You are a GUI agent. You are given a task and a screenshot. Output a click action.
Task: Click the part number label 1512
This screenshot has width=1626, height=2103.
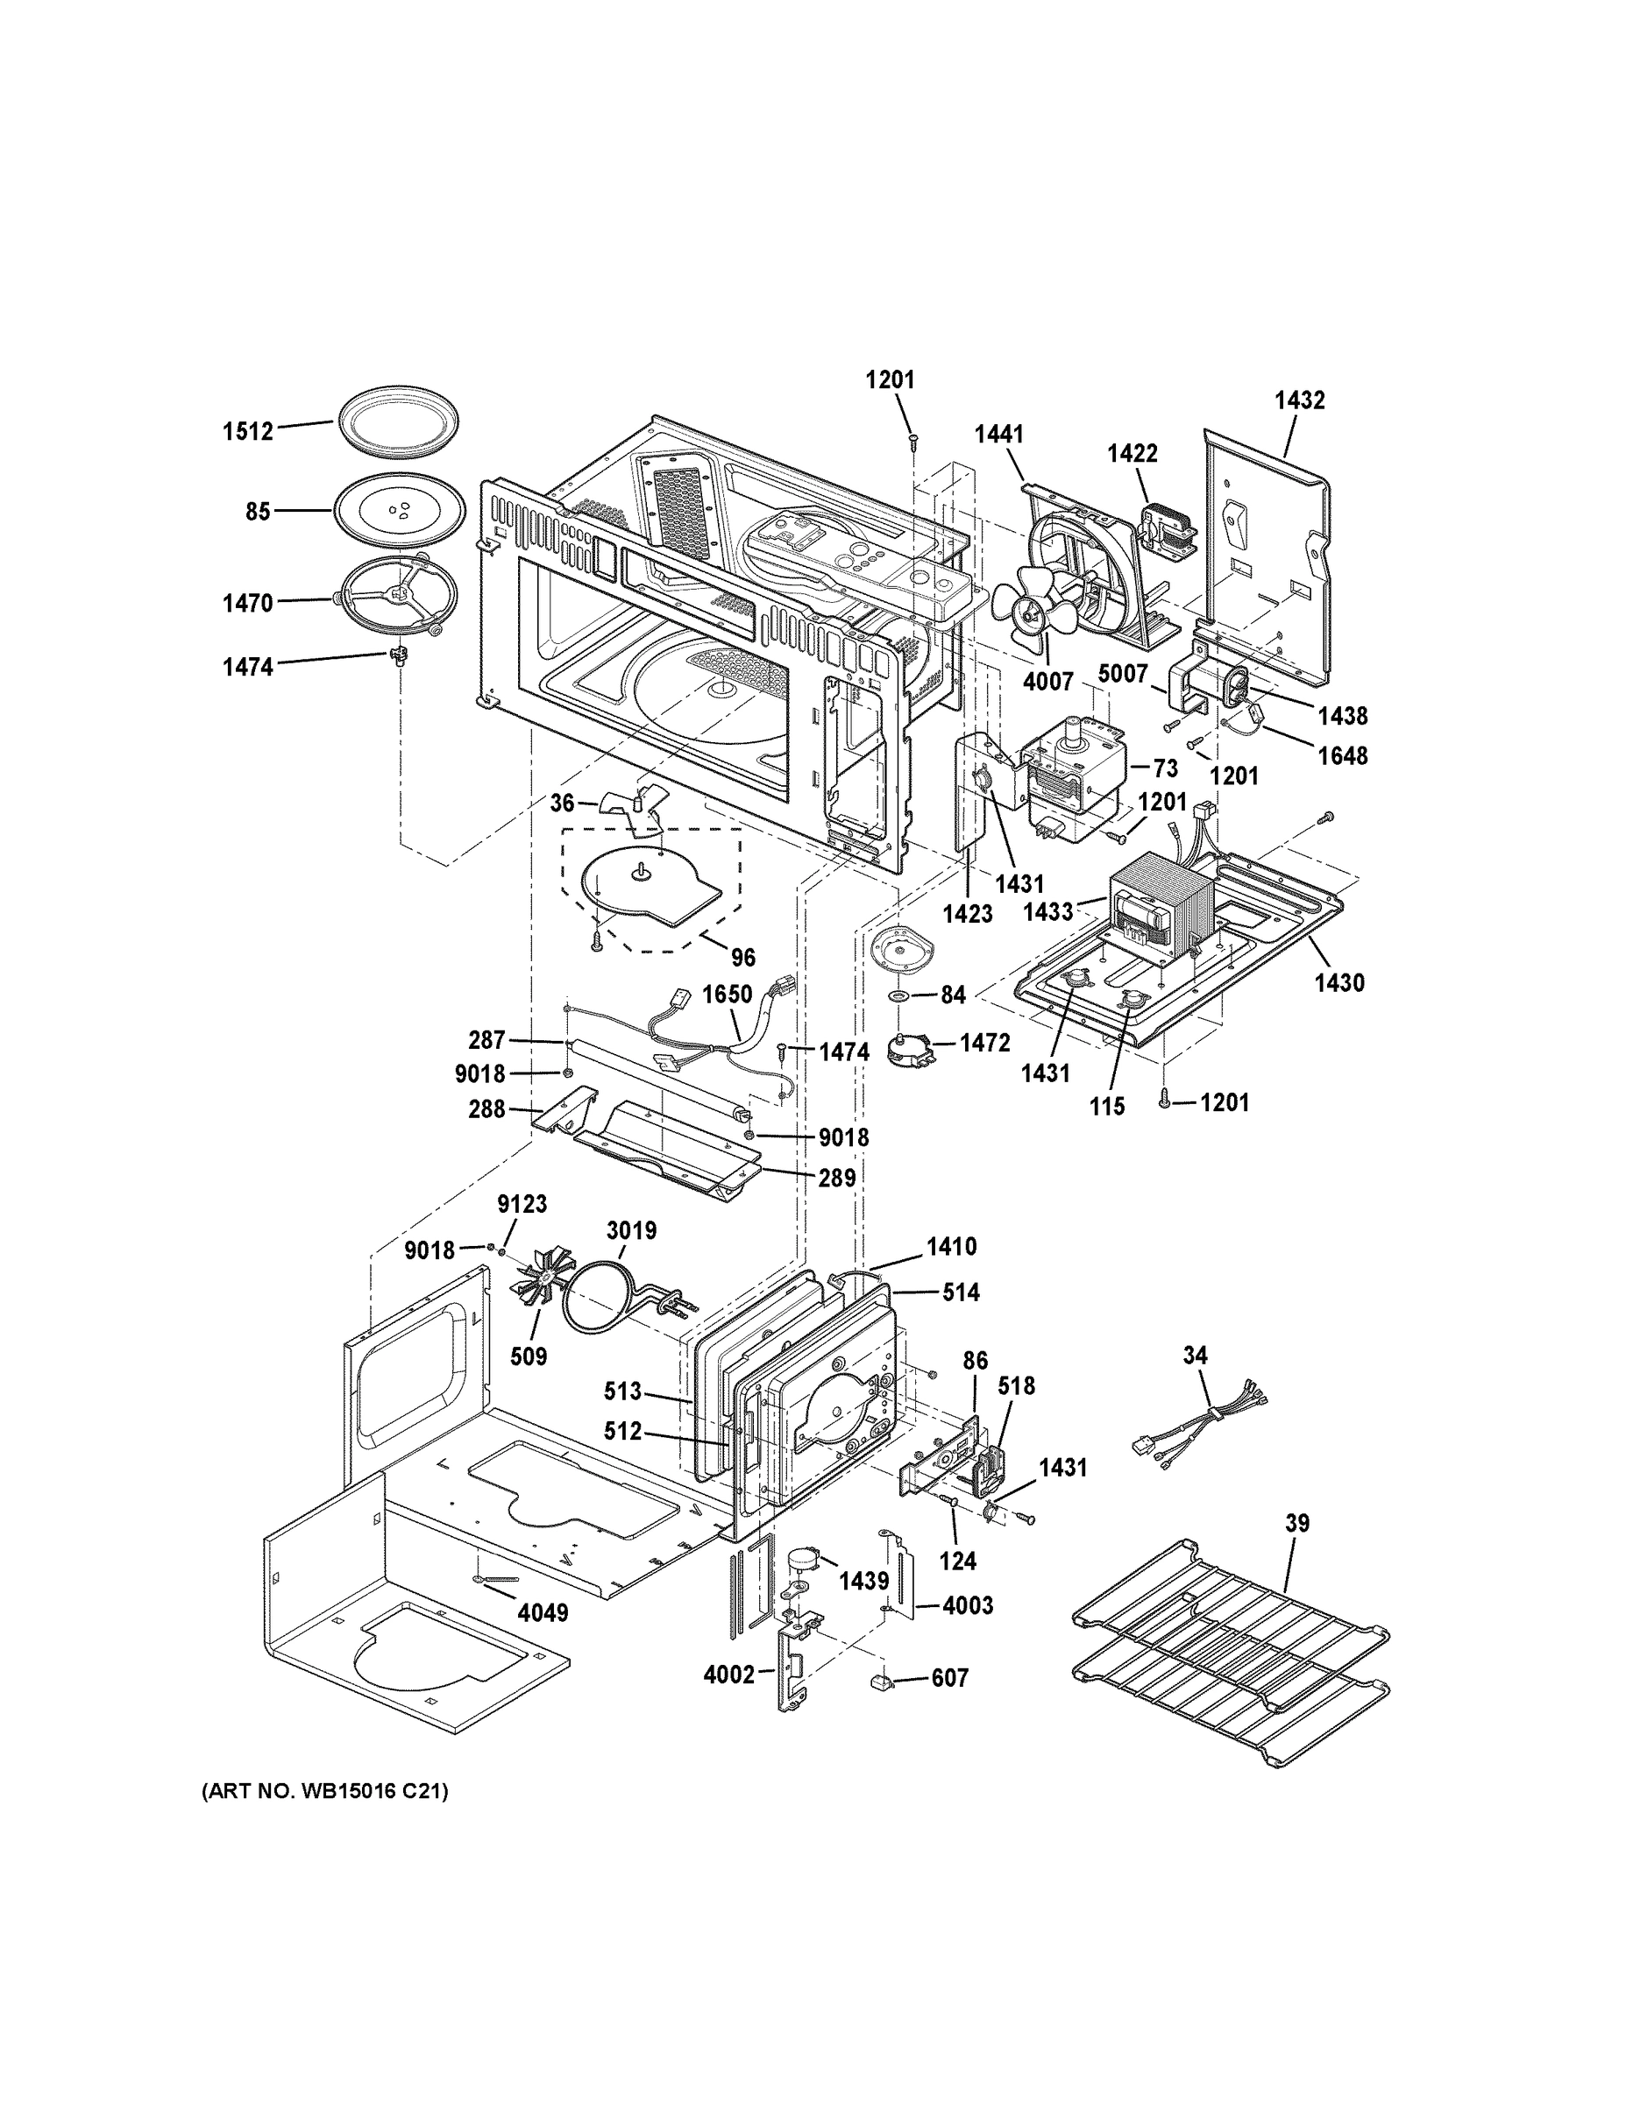point(249,430)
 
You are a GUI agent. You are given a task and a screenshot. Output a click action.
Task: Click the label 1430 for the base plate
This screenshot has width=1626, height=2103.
point(1339,982)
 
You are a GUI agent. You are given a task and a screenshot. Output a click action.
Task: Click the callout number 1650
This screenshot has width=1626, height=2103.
point(727,994)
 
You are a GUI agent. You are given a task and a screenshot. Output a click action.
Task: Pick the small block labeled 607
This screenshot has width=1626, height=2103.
point(882,1681)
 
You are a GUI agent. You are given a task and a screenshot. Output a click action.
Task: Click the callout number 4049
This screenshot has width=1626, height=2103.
point(543,1612)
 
